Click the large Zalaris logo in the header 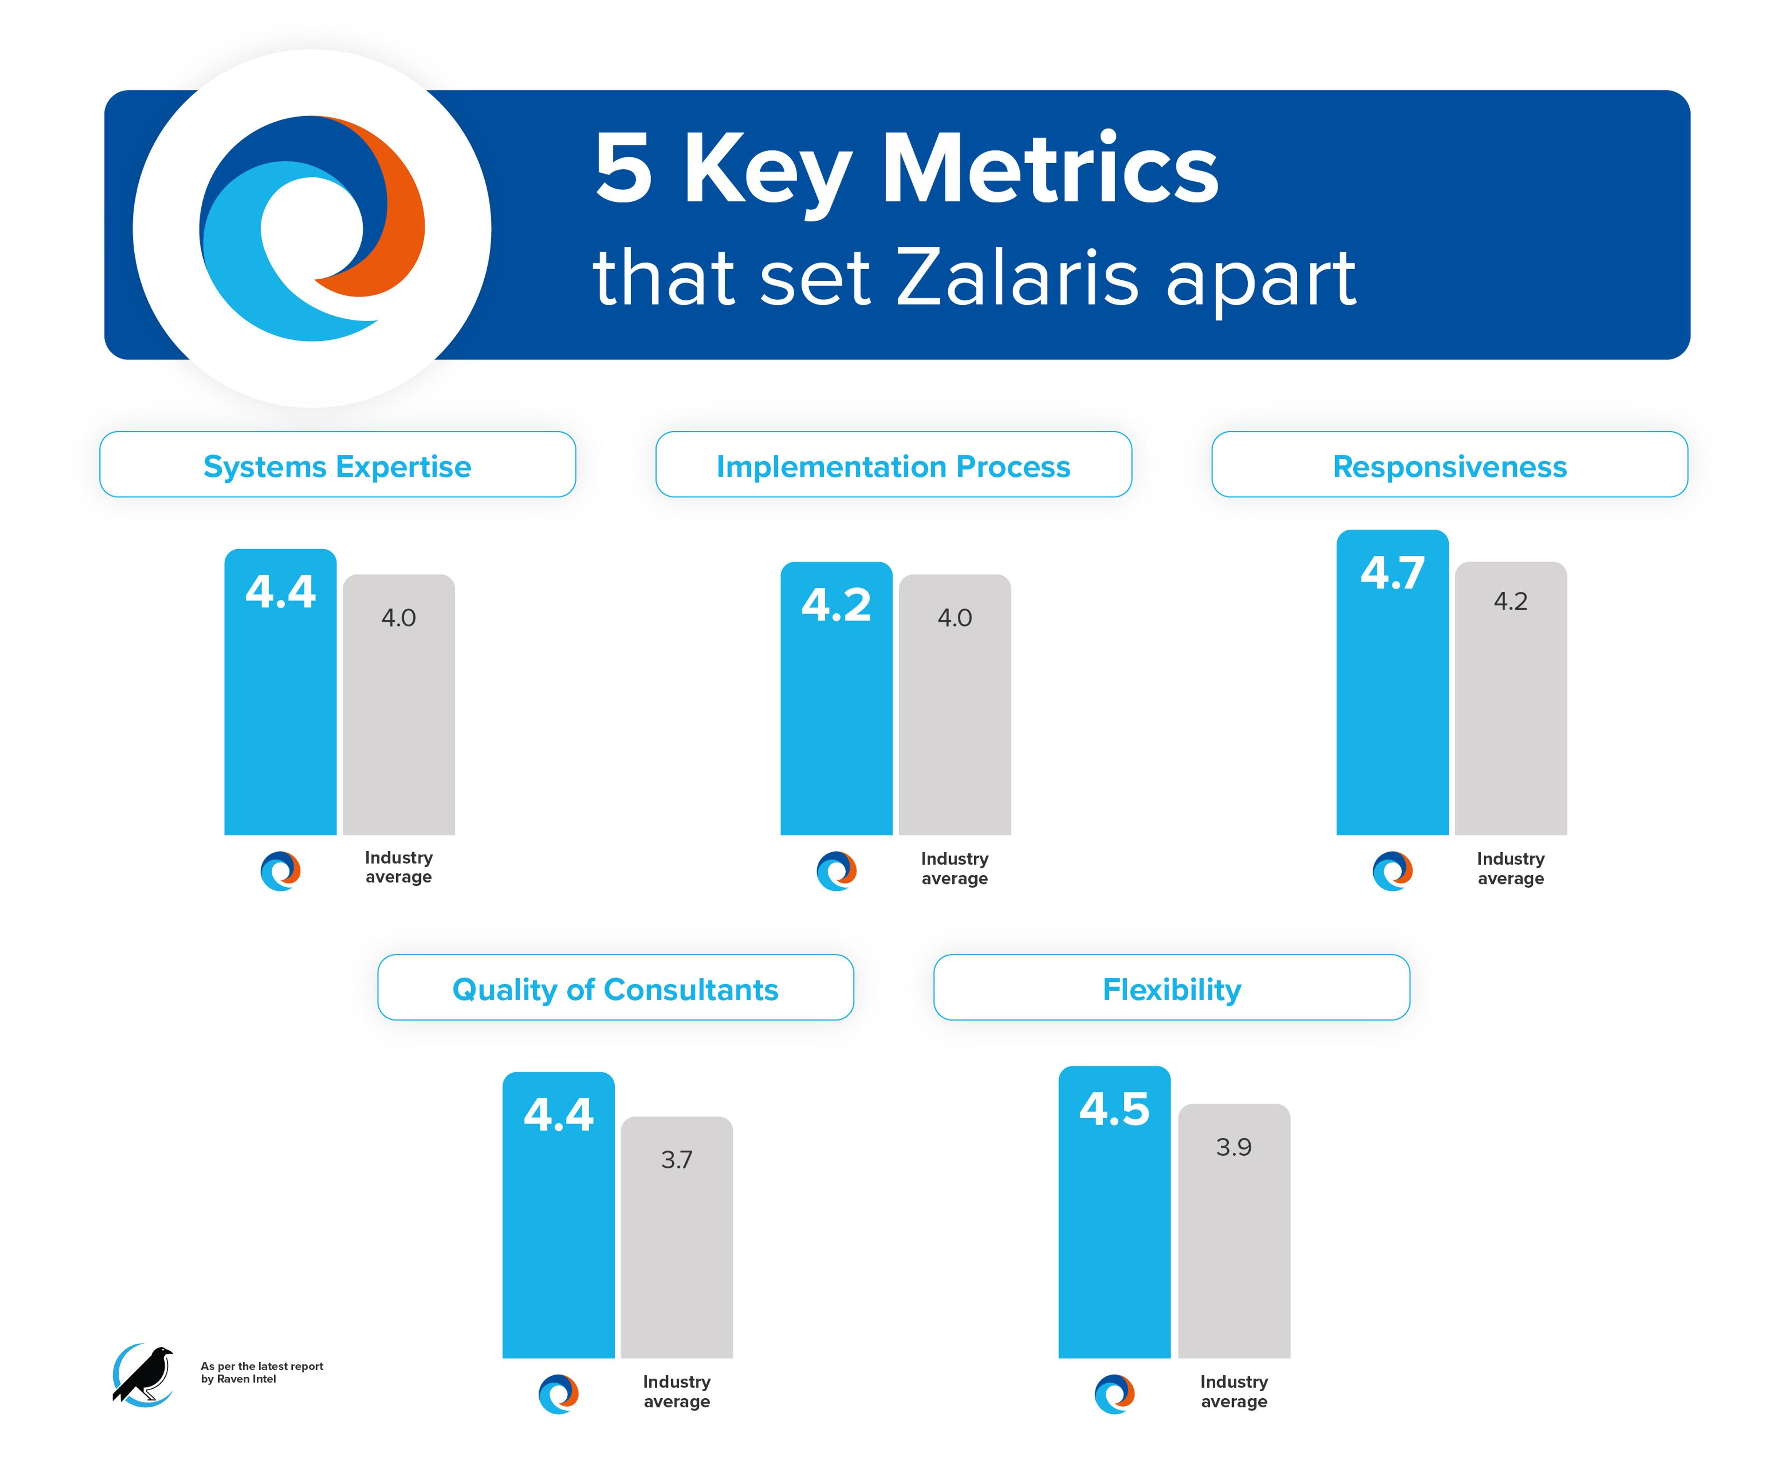click(x=312, y=228)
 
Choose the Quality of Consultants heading click(x=615, y=988)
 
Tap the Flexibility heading click(x=1171, y=988)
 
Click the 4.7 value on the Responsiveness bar click(x=1392, y=574)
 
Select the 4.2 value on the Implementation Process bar click(x=836, y=605)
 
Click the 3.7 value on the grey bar click(x=677, y=1159)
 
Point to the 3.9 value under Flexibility click(x=1234, y=1147)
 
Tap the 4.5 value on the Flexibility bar click(x=1114, y=1109)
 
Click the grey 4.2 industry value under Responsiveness click(x=1510, y=601)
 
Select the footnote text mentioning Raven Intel click(x=261, y=1372)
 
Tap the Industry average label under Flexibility click(x=1234, y=1391)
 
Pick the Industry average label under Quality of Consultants click(x=677, y=1391)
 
